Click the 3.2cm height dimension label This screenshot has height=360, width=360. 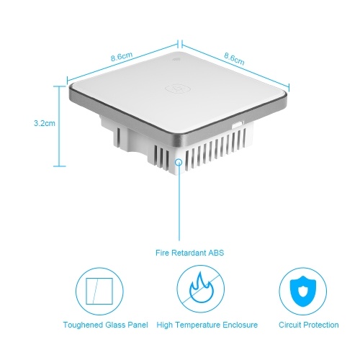coord(45,123)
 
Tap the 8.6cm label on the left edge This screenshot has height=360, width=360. coord(122,57)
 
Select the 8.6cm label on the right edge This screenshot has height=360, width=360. coord(234,59)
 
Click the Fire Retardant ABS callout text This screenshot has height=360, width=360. coord(189,253)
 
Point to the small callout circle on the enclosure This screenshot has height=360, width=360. coord(179,162)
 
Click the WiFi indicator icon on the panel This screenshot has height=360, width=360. coord(174,59)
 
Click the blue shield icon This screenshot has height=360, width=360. coord(302,292)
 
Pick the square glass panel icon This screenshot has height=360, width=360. coord(99,291)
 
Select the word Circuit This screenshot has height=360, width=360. coord(289,325)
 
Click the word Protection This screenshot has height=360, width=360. coord(321,325)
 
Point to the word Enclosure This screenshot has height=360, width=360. coord(240,325)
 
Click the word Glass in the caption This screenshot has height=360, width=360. coord(115,325)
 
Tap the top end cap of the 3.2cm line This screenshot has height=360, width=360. coord(59,86)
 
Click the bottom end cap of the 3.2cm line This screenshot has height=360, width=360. coord(59,166)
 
